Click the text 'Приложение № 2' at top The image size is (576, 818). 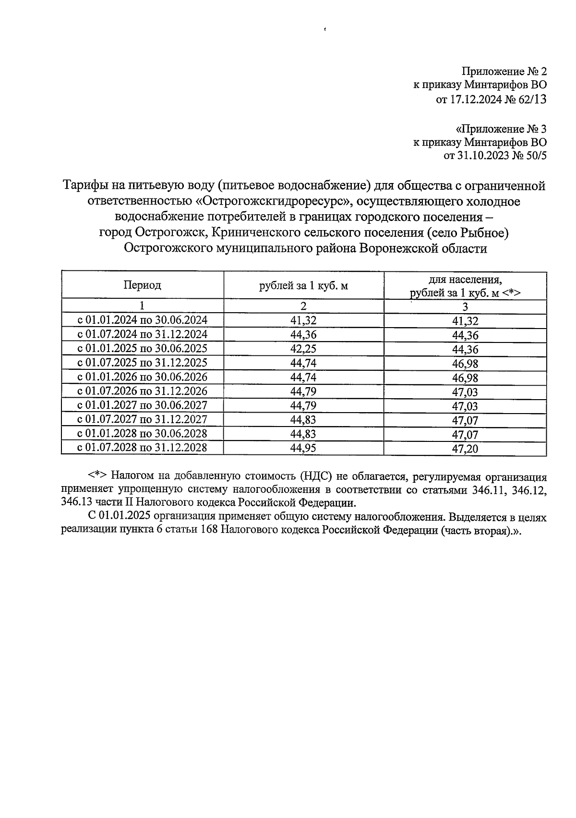pyautogui.click(x=504, y=72)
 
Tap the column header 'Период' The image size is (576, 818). pyautogui.click(x=142, y=285)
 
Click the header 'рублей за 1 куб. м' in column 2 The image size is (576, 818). pyautogui.click(x=303, y=286)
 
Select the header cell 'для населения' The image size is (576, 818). pyautogui.click(x=465, y=279)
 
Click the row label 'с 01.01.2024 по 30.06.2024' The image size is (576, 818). pyautogui.click(x=143, y=320)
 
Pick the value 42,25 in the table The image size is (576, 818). pyautogui.click(x=303, y=348)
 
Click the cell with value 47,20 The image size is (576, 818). pyautogui.click(x=465, y=449)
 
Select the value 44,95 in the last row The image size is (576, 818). pyautogui.click(x=303, y=448)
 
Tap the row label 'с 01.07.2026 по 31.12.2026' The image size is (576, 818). pyautogui.click(x=143, y=391)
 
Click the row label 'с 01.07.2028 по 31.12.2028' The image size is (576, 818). pyautogui.click(x=143, y=448)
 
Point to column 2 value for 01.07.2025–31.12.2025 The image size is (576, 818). pyautogui.click(x=303, y=363)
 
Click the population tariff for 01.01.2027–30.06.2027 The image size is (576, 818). pyautogui.click(x=465, y=406)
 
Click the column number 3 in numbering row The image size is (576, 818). pyautogui.click(x=465, y=306)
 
